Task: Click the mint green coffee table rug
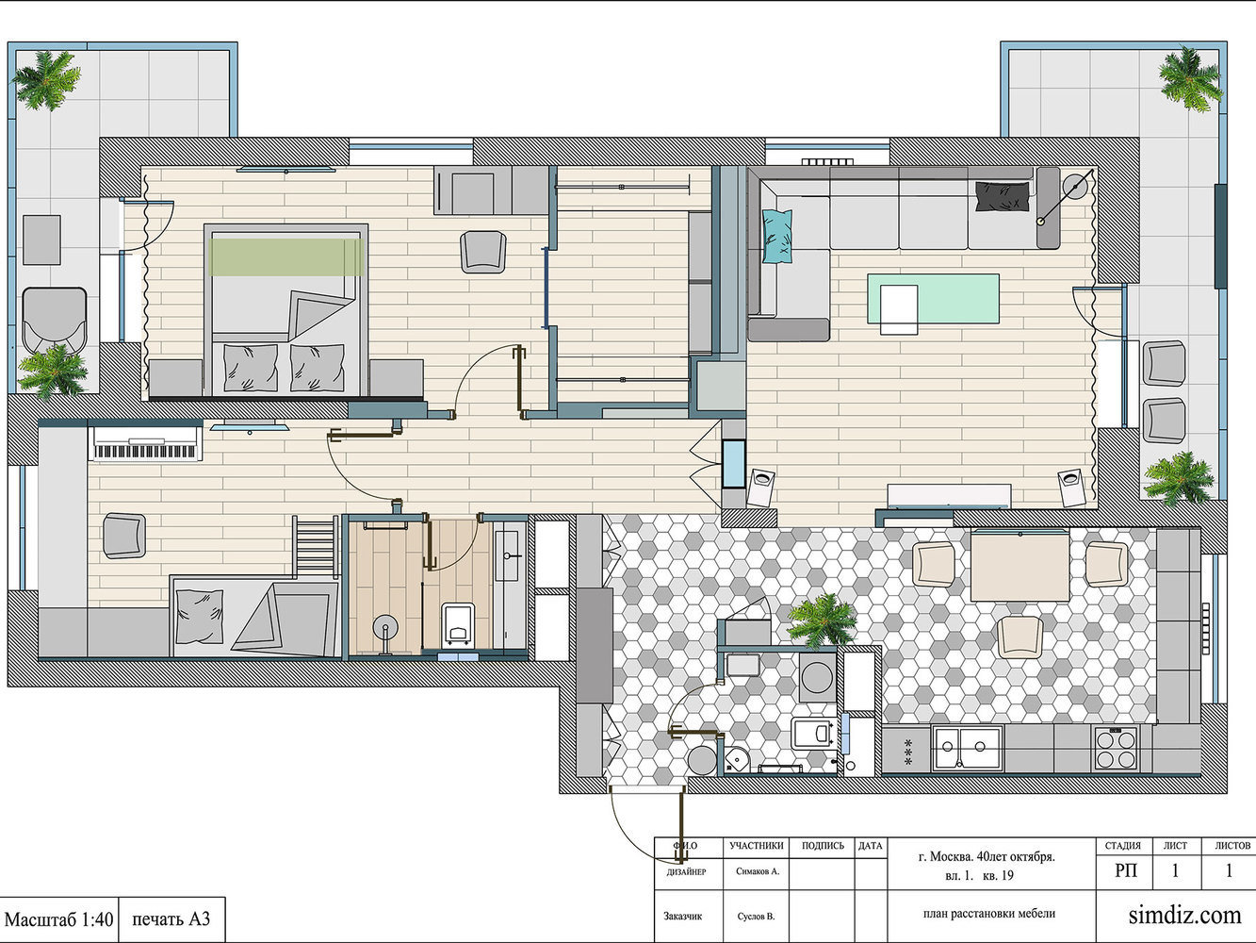pyautogui.click(x=933, y=298)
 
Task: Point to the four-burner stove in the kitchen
pyautogui.click(x=1116, y=749)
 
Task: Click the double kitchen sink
pyautogui.click(x=967, y=749)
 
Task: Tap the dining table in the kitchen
pyautogui.click(x=1019, y=565)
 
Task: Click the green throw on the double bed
pyautogui.click(x=286, y=257)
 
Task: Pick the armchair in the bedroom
pyautogui.click(x=483, y=252)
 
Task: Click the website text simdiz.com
pyautogui.click(x=1184, y=915)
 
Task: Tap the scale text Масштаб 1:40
pyautogui.click(x=59, y=919)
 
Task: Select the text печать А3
pyautogui.click(x=171, y=918)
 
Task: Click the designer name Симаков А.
pyautogui.click(x=758, y=871)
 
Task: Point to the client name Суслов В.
pyautogui.click(x=756, y=916)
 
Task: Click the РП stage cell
pyautogui.click(x=1126, y=870)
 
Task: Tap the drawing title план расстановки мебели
pyautogui.click(x=989, y=913)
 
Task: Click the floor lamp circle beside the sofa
pyautogui.click(x=1076, y=186)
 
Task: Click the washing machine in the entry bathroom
pyautogui.click(x=817, y=677)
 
